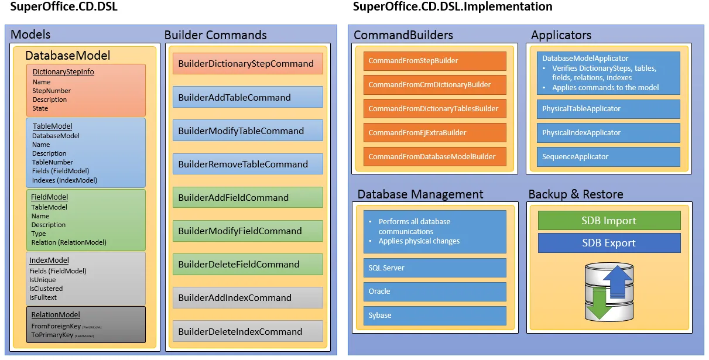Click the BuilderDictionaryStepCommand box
pyautogui.click(x=248, y=64)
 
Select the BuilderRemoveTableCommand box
pyautogui.click(x=248, y=164)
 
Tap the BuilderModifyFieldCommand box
pyautogui.click(x=248, y=231)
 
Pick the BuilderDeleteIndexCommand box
pyautogui.click(x=248, y=331)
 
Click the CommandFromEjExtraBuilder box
pyautogui.click(x=434, y=133)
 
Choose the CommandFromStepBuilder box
pyautogui.click(x=434, y=61)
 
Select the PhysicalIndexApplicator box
pyautogui.click(x=608, y=133)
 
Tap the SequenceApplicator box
pyautogui.click(x=608, y=157)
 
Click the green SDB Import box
pyautogui.click(x=609, y=221)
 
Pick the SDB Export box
pyautogui.click(x=609, y=243)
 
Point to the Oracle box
pyautogui.click(x=434, y=292)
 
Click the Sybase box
pyautogui.click(x=434, y=316)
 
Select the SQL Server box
pyautogui.click(x=434, y=268)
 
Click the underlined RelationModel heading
pyautogui.click(x=56, y=315)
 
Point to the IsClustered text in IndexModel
pyautogui.click(x=46, y=289)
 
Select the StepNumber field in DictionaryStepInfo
pyautogui.click(x=52, y=91)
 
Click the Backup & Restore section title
pyautogui.click(x=576, y=194)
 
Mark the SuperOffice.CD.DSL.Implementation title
pyautogui.click(x=453, y=7)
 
